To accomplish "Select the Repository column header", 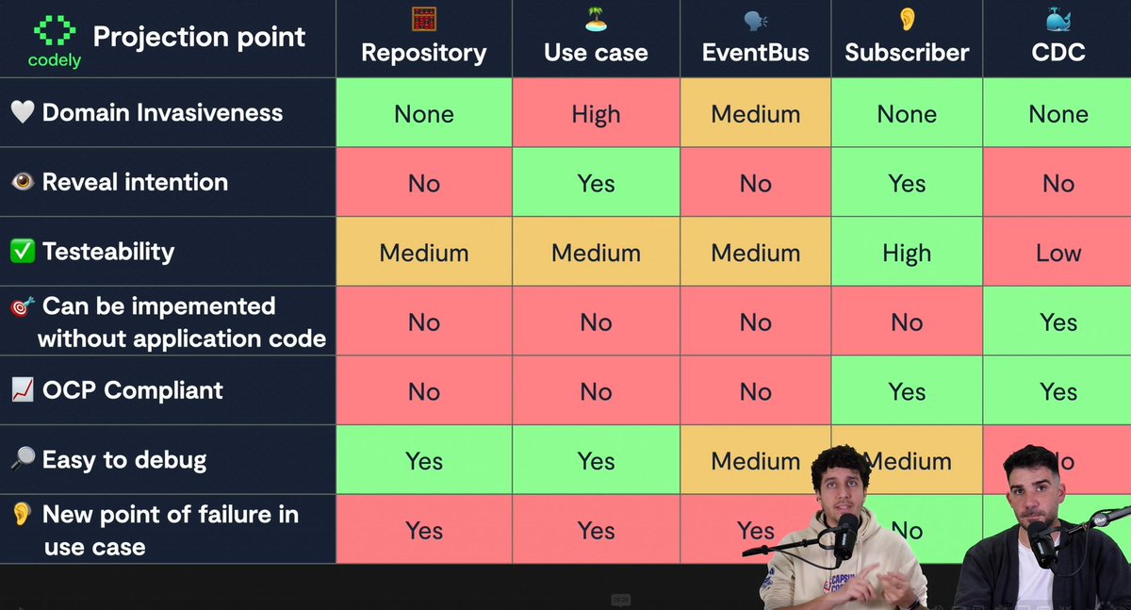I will click(x=424, y=52).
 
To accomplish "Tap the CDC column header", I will click(x=1058, y=52).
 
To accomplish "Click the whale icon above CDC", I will click(x=1058, y=20).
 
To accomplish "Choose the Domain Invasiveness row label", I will click(x=162, y=112).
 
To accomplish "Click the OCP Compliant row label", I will click(x=133, y=390).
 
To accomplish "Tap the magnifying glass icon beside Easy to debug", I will click(x=23, y=460).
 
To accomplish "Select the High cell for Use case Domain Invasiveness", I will click(x=596, y=114).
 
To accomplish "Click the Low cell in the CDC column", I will click(x=1058, y=253).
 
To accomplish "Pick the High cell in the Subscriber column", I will click(x=907, y=253).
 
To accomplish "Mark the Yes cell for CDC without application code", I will click(x=1058, y=322).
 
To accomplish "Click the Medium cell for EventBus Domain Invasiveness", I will click(x=755, y=114).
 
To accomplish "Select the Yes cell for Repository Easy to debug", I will click(x=424, y=461).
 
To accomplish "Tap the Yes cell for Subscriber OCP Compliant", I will click(x=907, y=391).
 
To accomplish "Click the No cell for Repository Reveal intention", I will click(x=424, y=184).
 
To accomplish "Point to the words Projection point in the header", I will click(x=199, y=37).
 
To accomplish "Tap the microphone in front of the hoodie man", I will click(x=845, y=535).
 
